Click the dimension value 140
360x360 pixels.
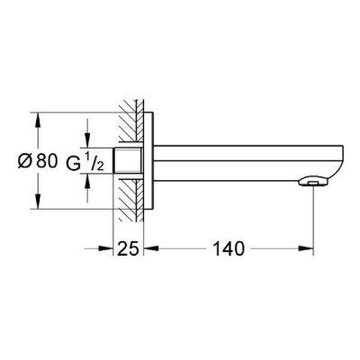pos(229,248)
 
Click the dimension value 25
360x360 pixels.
pos(129,248)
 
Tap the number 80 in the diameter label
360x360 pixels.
pos(47,162)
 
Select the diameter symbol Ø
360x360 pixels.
pos(25,162)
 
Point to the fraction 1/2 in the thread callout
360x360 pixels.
pos(95,163)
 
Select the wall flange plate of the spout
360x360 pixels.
pos(148,161)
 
